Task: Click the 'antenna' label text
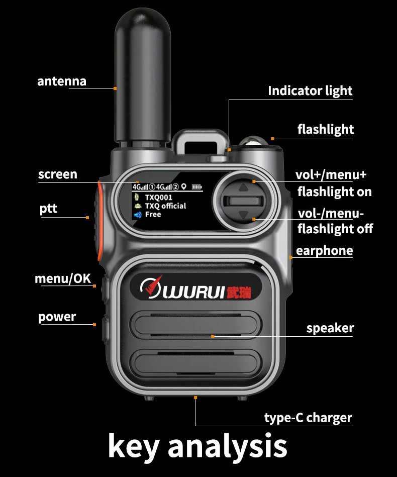click(x=62, y=81)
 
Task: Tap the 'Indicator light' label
click(x=310, y=91)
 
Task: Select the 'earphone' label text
click(x=324, y=251)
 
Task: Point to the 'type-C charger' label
click(x=308, y=418)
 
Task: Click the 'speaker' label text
click(x=330, y=328)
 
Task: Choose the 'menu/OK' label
click(x=63, y=278)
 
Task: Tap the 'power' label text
click(x=57, y=317)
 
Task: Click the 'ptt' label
click(x=48, y=209)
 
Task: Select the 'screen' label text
click(x=58, y=174)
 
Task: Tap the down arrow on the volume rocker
click(x=244, y=215)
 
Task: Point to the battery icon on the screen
click(x=196, y=187)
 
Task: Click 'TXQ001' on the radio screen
click(x=158, y=198)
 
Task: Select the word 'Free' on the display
click(x=153, y=215)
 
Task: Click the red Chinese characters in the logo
click(x=239, y=292)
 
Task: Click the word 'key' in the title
click(x=133, y=445)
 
